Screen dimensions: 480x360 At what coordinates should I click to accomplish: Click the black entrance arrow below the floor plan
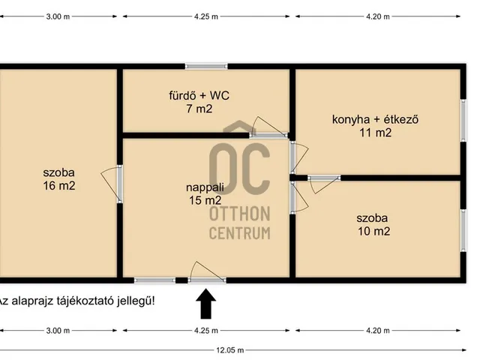(206, 304)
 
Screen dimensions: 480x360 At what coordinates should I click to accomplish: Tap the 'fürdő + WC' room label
(199, 95)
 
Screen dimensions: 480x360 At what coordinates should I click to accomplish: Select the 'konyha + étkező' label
(375, 119)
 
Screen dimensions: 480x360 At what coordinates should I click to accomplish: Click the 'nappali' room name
(205, 187)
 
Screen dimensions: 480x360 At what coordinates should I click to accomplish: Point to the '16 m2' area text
(59, 186)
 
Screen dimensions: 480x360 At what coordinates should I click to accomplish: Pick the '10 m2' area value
(373, 231)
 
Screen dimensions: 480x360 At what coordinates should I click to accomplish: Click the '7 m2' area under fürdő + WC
(199, 109)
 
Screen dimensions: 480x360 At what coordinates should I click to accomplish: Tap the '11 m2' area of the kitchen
(375, 133)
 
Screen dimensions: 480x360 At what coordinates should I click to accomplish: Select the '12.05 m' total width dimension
(230, 350)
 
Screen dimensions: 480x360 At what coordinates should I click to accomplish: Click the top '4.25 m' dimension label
(206, 16)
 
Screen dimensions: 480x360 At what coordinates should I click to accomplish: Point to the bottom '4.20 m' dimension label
(378, 331)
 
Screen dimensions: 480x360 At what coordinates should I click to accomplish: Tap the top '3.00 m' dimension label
(58, 16)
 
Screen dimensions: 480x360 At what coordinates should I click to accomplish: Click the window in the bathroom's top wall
(206, 66)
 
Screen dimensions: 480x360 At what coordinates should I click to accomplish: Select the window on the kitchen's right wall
(463, 120)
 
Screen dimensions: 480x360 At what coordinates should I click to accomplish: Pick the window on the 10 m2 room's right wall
(463, 230)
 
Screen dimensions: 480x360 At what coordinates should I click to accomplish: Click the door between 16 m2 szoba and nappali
(120, 184)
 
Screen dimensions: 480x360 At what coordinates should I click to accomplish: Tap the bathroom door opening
(268, 135)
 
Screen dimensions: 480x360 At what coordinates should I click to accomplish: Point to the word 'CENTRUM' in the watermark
(240, 233)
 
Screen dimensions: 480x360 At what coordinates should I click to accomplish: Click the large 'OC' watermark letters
(240, 168)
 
